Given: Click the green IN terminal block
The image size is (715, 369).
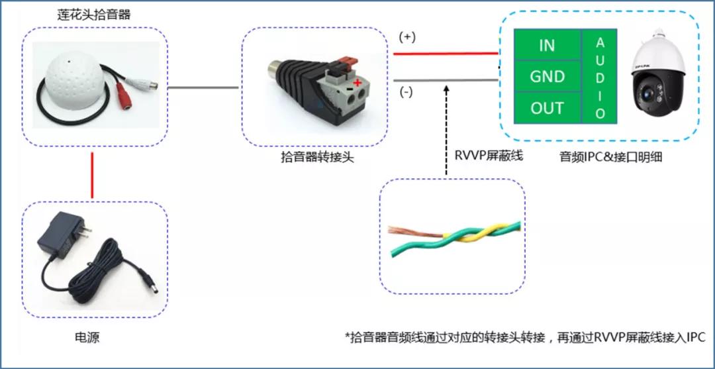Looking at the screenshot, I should click(x=547, y=46).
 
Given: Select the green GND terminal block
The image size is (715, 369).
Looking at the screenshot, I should click(x=547, y=77).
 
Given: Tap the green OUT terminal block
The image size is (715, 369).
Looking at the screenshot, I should click(x=547, y=108).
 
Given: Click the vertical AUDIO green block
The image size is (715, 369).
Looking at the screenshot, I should click(x=600, y=76).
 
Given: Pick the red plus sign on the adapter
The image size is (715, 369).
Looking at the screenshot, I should click(x=358, y=83).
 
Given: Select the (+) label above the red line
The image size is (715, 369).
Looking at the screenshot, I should click(x=406, y=37).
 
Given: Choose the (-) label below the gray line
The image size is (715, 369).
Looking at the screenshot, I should click(x=406, y=92).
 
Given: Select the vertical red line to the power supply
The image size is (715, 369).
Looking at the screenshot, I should click(x=92, y=175).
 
